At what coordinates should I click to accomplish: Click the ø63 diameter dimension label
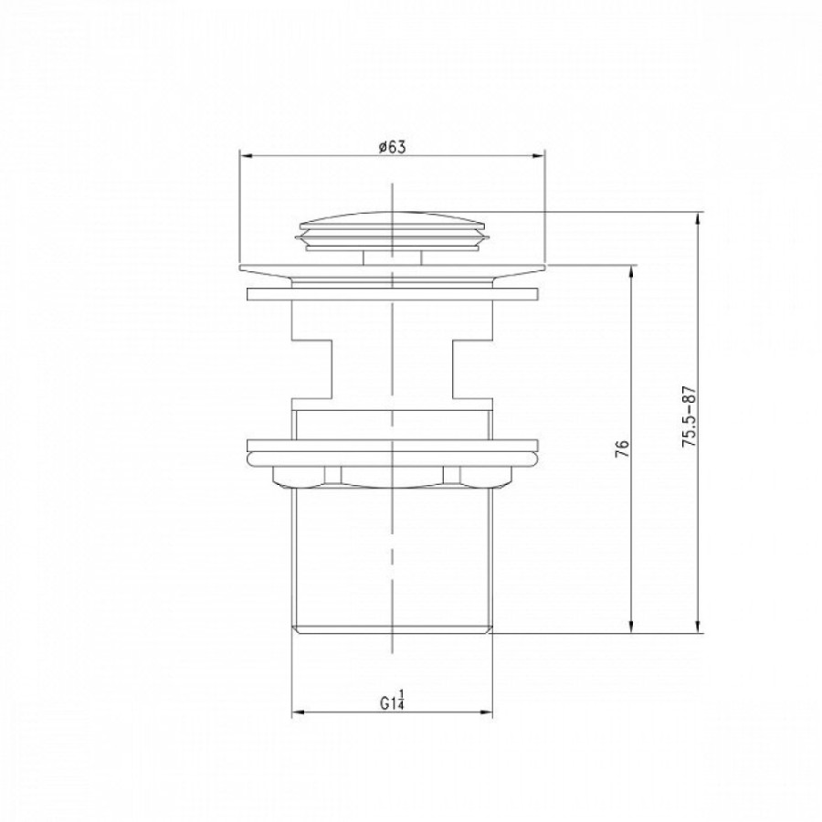coord(393,147)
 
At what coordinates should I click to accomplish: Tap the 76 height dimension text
coord(622,448)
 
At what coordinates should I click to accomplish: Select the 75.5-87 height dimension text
coord(689,416)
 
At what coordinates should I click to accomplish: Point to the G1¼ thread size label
coord(393,701)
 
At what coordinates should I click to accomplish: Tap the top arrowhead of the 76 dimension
coord(632,272)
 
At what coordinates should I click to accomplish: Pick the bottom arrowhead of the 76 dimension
coord(632,627)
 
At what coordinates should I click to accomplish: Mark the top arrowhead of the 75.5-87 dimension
coord(698,218)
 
